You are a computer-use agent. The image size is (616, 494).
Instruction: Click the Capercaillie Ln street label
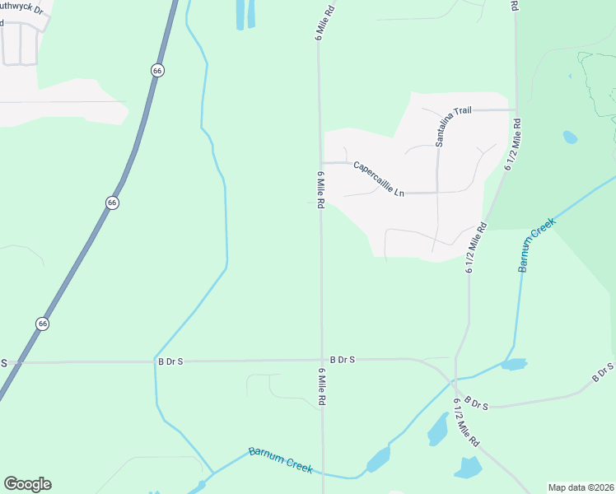tap(380, 179)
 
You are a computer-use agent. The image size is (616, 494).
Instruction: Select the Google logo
tap(27, 484)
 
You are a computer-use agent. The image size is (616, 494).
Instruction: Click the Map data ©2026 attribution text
tap(581, 487)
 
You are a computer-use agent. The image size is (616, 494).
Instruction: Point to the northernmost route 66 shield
tap(157, 71)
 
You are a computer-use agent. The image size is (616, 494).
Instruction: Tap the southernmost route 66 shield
tap(42, 324)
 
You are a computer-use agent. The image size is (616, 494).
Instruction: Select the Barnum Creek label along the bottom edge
tap(281, 460)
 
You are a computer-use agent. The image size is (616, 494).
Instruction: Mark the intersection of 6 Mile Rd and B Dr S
tap(321, 360)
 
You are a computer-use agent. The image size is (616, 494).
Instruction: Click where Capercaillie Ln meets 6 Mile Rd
tap(320, 162)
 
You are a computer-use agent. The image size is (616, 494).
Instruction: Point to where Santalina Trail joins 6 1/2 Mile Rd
tap(516, 110)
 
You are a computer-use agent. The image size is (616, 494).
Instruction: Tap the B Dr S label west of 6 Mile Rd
tap(170, 361)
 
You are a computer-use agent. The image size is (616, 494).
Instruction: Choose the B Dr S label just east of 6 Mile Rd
tap(342, 360)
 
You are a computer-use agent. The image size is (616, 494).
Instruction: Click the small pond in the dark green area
tap(570, 137)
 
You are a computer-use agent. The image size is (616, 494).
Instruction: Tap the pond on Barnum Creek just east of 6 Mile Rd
tap(378, 459)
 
